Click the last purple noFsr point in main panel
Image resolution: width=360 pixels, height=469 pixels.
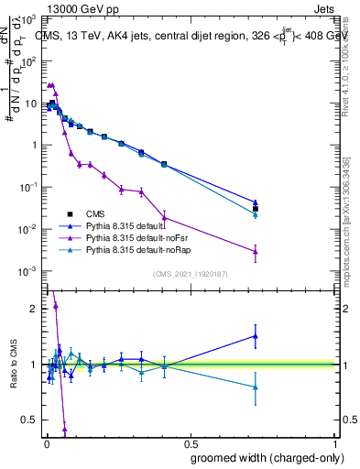pos(256,251)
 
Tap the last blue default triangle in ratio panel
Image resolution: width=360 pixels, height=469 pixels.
pos(256,336)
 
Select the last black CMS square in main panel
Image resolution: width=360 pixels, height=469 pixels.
pos(256,210)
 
